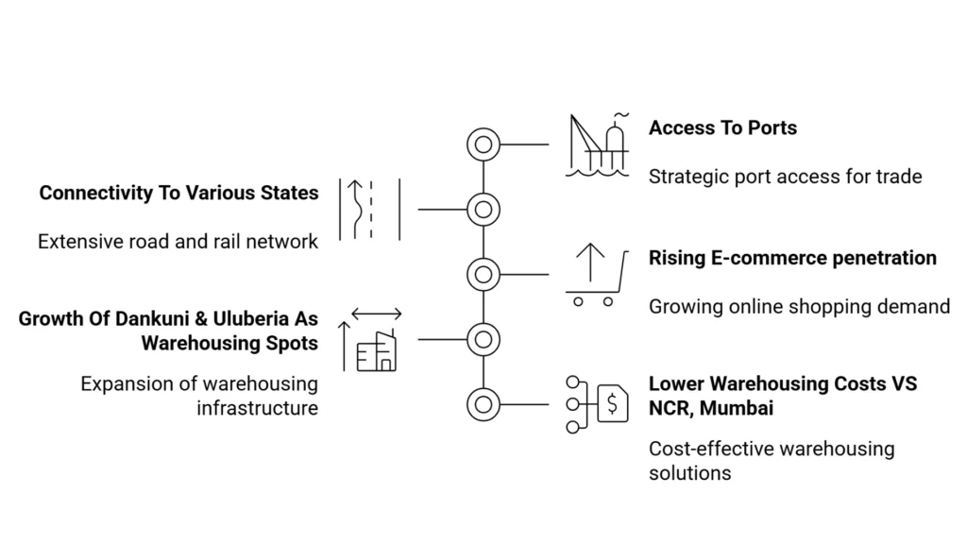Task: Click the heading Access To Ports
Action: [x=722, y=127]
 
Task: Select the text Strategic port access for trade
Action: [x=785, y=176]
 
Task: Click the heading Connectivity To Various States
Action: [x=178, y=193]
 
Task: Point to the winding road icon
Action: [x=370, y=209]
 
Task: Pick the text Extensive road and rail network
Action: [x=178, y=242]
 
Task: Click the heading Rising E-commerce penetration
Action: [x=792, y=258]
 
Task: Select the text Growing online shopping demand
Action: [x=799, y=306]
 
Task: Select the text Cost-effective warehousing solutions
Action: [x=771, y=460]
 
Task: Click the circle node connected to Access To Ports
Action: [x=483, y=144]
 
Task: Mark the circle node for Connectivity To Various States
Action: [x=483, y=209]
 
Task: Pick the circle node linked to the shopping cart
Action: [x=483, y=274]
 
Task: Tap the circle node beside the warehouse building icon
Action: [x=483, y=339]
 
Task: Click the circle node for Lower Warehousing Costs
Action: [x=483, y=404]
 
